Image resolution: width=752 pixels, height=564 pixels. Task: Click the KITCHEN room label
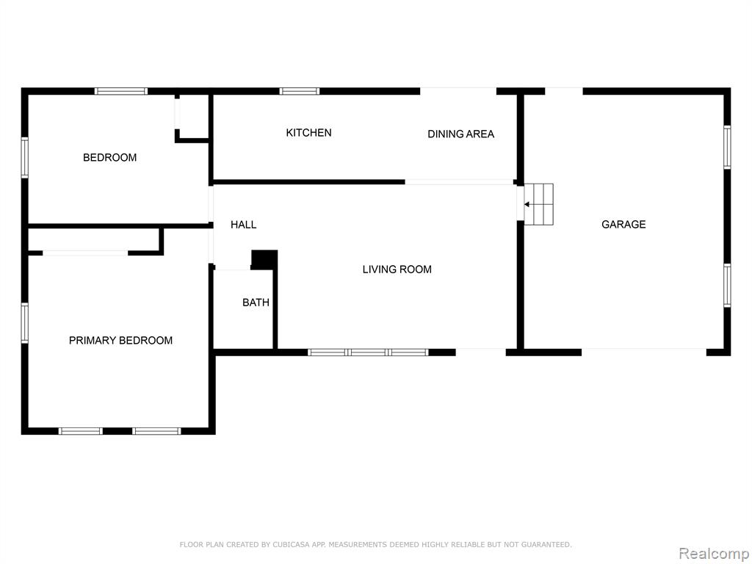[x=308, y=133]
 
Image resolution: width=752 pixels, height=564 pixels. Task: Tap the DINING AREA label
[x=460, y=134]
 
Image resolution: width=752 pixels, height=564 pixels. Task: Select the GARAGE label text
[x=623, y=224]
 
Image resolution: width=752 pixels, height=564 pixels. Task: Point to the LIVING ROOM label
[x=397, y=270]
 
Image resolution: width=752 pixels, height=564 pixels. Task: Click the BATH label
[x=256, y=303]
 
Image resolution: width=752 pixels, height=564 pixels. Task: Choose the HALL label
[x=243, y=225]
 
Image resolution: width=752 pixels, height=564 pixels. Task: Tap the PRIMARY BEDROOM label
[x=120, y=341]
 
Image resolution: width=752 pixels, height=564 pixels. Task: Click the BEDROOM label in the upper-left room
[x=109, y=157]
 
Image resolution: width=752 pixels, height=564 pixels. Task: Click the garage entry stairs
[x=538, y=204]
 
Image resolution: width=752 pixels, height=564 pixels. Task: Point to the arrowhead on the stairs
[x=527, y=204]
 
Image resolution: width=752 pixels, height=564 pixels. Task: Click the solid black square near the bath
[x=264, y=259]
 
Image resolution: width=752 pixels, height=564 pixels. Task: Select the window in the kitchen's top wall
[x=300, y=91]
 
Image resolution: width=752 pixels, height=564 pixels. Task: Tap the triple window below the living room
[x=368, y=352]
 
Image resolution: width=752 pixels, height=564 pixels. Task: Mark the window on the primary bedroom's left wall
[x=24, y=323]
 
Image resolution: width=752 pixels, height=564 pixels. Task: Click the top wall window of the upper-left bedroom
[x=121, y=91]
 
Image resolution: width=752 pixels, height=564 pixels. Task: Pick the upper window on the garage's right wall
[x=727, y=147]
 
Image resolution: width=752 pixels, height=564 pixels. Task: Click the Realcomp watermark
[x=713, y=554]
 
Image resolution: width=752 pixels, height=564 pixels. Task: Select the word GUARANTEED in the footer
[x=545, y=544]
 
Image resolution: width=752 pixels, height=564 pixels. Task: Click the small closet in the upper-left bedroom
[x=193, y=117]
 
